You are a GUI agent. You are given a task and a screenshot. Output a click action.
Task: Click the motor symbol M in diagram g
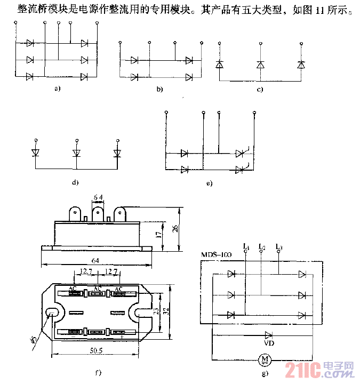point(265,361)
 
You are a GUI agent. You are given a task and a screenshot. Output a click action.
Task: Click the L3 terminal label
point(279,247)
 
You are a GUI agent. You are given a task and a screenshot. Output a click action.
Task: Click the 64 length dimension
point(95,260)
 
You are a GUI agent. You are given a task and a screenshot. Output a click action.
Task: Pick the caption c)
point(260,90)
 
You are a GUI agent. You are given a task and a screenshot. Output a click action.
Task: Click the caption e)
point(209,183)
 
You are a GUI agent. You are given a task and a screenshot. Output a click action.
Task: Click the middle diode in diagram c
point(260,65)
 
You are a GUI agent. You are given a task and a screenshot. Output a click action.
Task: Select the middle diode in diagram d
point(76,154)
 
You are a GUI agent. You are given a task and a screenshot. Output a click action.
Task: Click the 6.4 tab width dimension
point(99,198)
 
